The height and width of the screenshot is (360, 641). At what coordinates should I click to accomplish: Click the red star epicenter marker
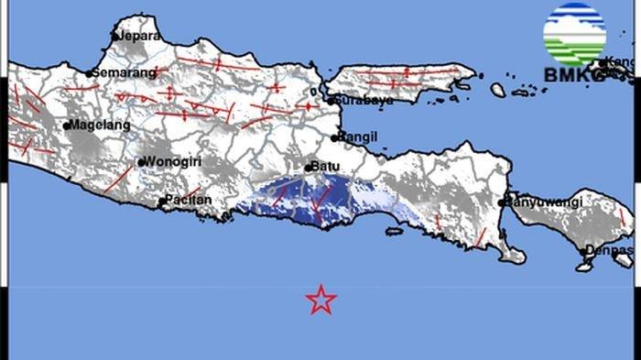pos(320,299)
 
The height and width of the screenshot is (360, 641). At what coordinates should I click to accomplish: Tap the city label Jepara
pos(139,36)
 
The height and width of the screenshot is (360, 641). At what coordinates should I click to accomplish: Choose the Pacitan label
pos(189,200)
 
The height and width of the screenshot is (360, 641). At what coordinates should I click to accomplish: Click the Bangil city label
pos(358,136)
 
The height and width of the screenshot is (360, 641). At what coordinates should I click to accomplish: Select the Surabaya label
pos(364,99)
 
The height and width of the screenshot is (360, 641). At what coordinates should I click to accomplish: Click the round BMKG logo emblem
pos(574,36)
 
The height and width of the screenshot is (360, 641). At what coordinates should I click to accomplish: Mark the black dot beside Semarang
pos(89,73)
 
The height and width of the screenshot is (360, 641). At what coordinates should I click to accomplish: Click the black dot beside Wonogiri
pos(141,163)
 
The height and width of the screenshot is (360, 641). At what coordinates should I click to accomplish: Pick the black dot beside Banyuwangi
pos(503,202)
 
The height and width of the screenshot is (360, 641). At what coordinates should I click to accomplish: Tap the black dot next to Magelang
pos(67,125)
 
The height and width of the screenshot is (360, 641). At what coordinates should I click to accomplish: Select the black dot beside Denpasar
pos(583,249)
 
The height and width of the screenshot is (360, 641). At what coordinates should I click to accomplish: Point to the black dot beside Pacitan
pos(162,201)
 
